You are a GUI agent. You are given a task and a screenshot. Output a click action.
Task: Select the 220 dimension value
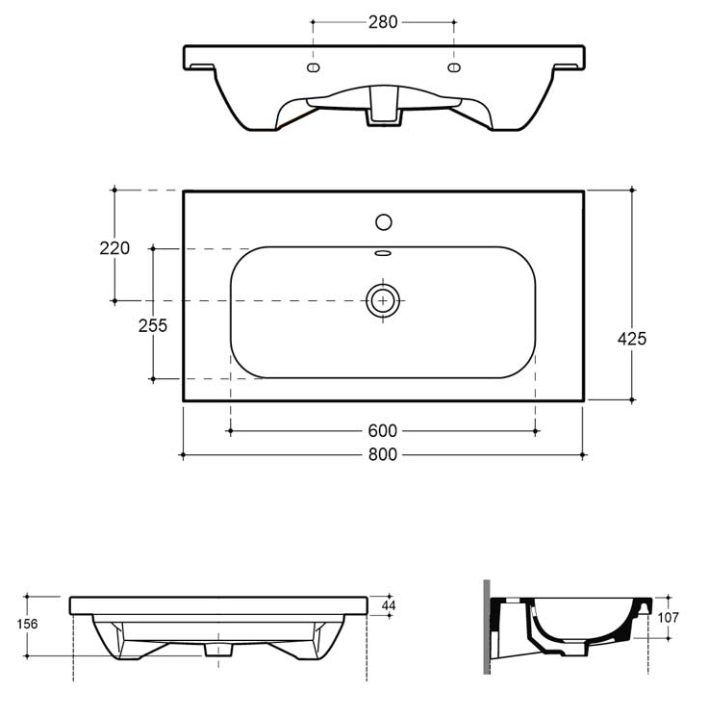(114, 248)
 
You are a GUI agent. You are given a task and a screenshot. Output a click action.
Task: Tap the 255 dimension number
(152, 326)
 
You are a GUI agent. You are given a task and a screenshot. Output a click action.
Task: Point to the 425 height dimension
(632, 339)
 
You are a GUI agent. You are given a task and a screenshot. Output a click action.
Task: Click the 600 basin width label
(383, 431)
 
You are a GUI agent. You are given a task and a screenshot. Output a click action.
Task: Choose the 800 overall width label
(383, 455)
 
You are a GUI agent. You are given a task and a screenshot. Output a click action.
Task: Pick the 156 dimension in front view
(28, 625)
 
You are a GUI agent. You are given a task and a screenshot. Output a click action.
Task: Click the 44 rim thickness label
(389, 604)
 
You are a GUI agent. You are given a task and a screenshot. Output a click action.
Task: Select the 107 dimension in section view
(670, 618)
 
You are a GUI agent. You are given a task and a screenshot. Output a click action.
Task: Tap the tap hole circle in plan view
(383, 222)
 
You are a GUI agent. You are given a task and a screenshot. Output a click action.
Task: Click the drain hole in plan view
(383, 300)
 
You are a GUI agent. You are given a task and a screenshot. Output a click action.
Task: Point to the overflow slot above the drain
(383, 254)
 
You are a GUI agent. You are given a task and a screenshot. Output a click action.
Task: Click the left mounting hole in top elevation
(313, 67)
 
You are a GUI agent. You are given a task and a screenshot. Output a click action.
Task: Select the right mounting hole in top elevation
(454, 67)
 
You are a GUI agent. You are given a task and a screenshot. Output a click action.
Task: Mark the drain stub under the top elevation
(383, 114)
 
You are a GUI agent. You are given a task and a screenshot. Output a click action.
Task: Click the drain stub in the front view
(219, 650)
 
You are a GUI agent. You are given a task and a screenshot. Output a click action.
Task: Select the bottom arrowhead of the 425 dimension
(632, 397)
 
